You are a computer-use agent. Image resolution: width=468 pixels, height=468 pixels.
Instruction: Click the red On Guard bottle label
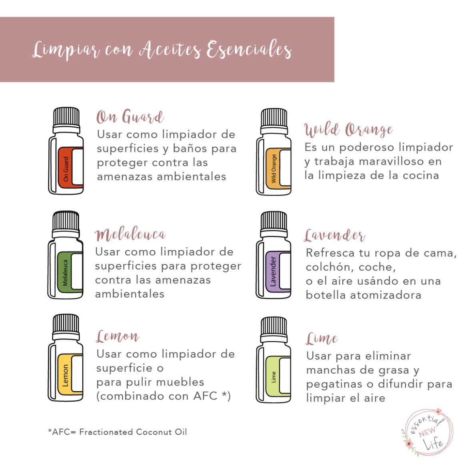point(66,167)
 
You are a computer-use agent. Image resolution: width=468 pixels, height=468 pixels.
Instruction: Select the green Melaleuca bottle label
point(65,272)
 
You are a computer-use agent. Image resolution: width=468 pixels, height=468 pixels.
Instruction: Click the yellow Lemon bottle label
point(66,375)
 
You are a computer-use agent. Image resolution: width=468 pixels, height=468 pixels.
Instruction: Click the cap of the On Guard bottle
point(66,117)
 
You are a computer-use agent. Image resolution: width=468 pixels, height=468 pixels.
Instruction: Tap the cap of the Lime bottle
point(274,327)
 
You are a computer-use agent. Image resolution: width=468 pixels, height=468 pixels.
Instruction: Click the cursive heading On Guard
point(130,117)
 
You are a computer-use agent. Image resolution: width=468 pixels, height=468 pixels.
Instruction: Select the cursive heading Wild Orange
point(348,130)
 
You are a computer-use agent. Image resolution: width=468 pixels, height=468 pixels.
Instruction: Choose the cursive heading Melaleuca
point(130,235)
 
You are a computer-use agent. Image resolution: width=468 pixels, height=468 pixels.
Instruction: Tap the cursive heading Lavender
point(334,236)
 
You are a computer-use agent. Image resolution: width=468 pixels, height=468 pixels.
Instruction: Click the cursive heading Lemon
point(118,336)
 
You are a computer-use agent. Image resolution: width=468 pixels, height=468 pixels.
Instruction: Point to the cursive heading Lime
point(322,339)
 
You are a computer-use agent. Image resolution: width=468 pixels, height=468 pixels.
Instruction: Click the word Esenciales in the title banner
point(249,50)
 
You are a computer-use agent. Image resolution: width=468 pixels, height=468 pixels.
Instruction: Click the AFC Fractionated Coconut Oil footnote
point(117,432)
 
